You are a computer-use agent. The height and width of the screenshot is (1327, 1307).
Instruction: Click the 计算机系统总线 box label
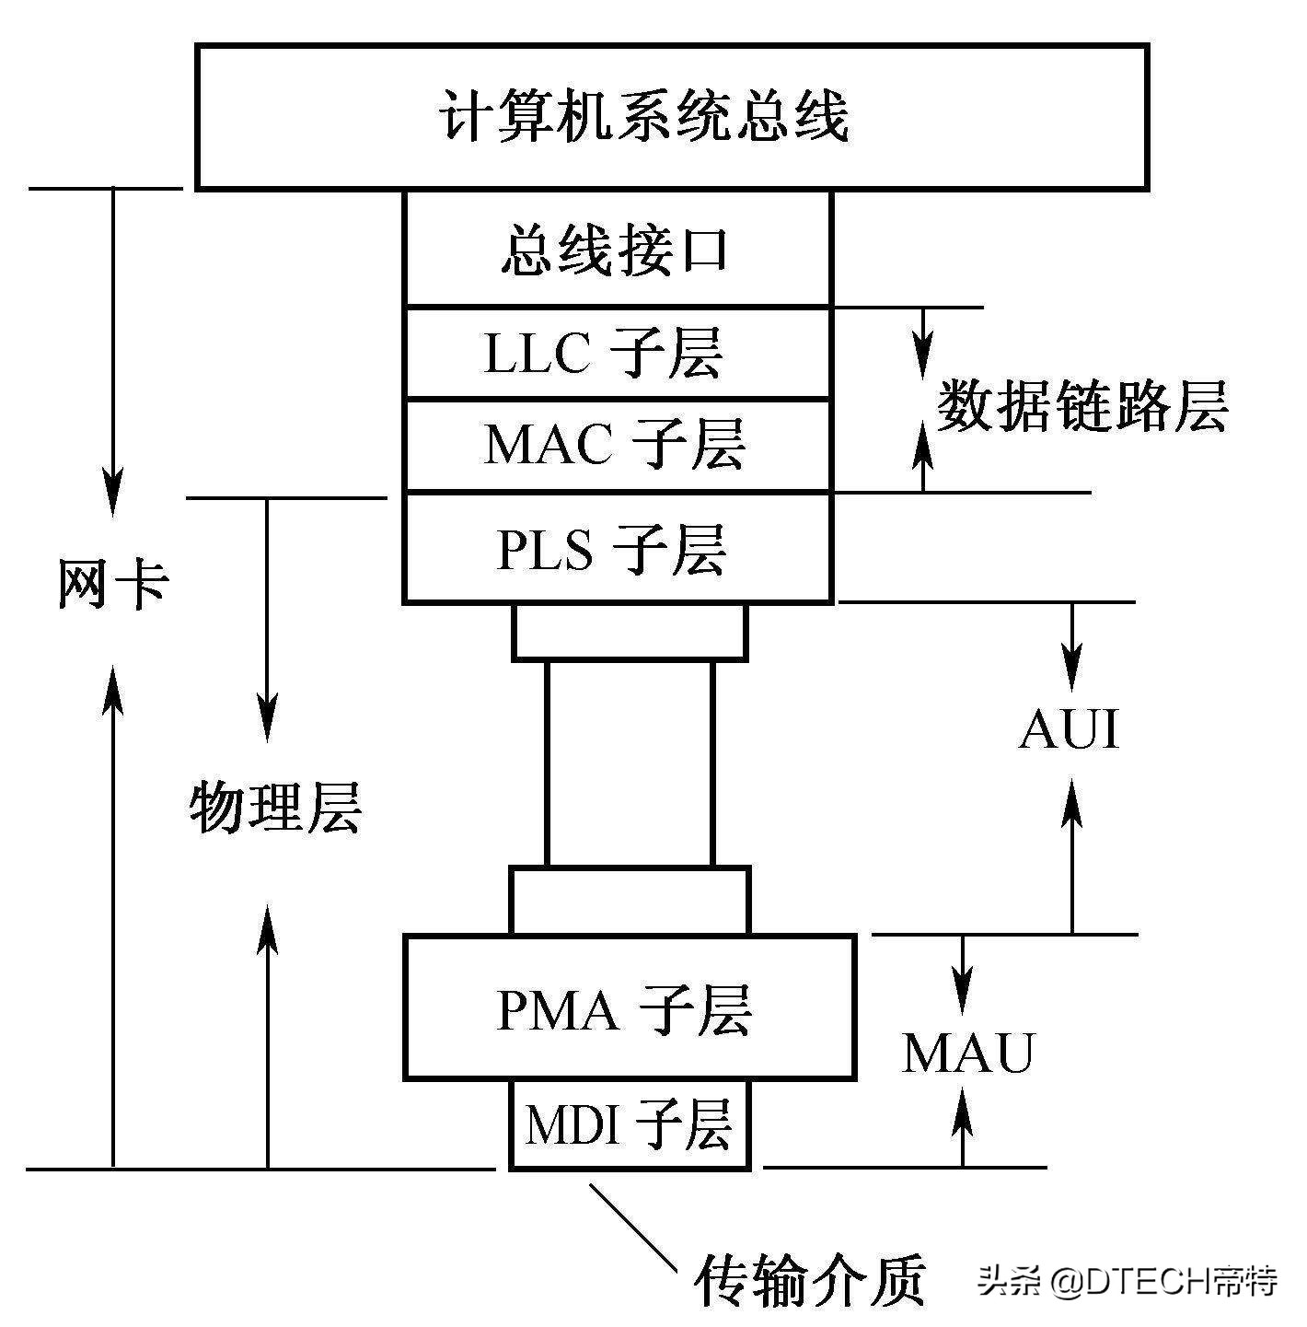pyautogui.click(x=643, y=117)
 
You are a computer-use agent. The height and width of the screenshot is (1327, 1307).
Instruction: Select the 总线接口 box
pyautogui.click(x=617, y=250)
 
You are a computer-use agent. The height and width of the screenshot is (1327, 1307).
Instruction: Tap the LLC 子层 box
pyautogui.click(x=617, y=354)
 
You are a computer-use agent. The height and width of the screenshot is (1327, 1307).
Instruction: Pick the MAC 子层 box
pyautogui.click(x=617, y=445)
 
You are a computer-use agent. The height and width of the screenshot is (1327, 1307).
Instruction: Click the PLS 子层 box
pyautogui.click(x=617, y=549)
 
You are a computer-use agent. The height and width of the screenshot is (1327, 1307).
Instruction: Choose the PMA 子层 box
pyautogui.click(x=630, y=1008)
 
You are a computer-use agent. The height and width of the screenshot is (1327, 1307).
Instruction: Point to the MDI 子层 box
pyautogui.click(x=630, y=1124)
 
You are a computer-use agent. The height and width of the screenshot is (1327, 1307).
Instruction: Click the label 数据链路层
pyautogui.click(x=1082, y=406)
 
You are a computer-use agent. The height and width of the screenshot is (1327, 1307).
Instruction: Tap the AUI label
pyautogui.click(x=1070, y=730)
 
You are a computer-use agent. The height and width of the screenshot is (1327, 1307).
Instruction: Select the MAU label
pyautogui.click(x=968, y=1053)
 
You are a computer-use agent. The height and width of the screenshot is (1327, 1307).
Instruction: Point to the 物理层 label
pyautogui.click(x=275, y=809)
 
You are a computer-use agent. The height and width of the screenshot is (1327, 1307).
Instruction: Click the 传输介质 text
pyautogui.click(x=810, y=1280)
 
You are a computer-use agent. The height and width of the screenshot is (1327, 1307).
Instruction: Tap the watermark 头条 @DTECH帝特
pyautogui.click(x=1128, y=1281)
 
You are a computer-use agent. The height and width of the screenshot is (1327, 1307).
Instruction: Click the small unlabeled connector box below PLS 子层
pyautogui.click(x=630, y=632)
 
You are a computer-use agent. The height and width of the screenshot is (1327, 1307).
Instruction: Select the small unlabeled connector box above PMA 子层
pyautogui.click(x=630, y=901)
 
